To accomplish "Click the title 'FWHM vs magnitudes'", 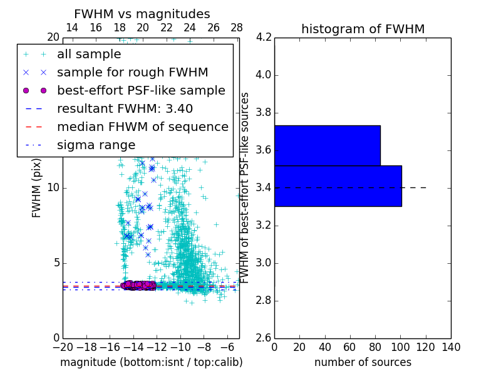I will pos(142,14).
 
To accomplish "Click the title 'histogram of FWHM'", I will pos(363,29).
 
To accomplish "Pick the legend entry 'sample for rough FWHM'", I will pos(132,73).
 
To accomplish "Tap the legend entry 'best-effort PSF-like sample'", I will pos(141,90).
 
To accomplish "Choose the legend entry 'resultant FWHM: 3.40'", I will pos(125,108).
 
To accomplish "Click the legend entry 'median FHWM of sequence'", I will pos(142,127).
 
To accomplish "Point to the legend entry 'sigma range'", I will pos(96,145).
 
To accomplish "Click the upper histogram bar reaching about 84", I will pos(327,145).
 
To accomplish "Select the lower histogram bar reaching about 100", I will pos(338,185).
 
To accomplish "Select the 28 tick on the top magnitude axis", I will pos(237,28).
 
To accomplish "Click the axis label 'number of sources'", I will pos(363,362).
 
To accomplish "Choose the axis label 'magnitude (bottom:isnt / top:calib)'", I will pos(151,362).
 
